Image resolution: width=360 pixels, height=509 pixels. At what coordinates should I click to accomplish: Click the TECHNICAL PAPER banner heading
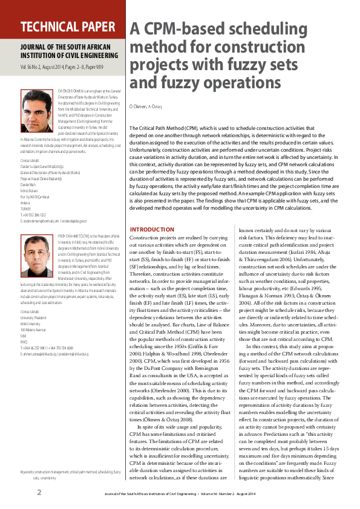click(67, 27)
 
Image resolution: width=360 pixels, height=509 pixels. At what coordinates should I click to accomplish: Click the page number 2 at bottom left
click(39, 491)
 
